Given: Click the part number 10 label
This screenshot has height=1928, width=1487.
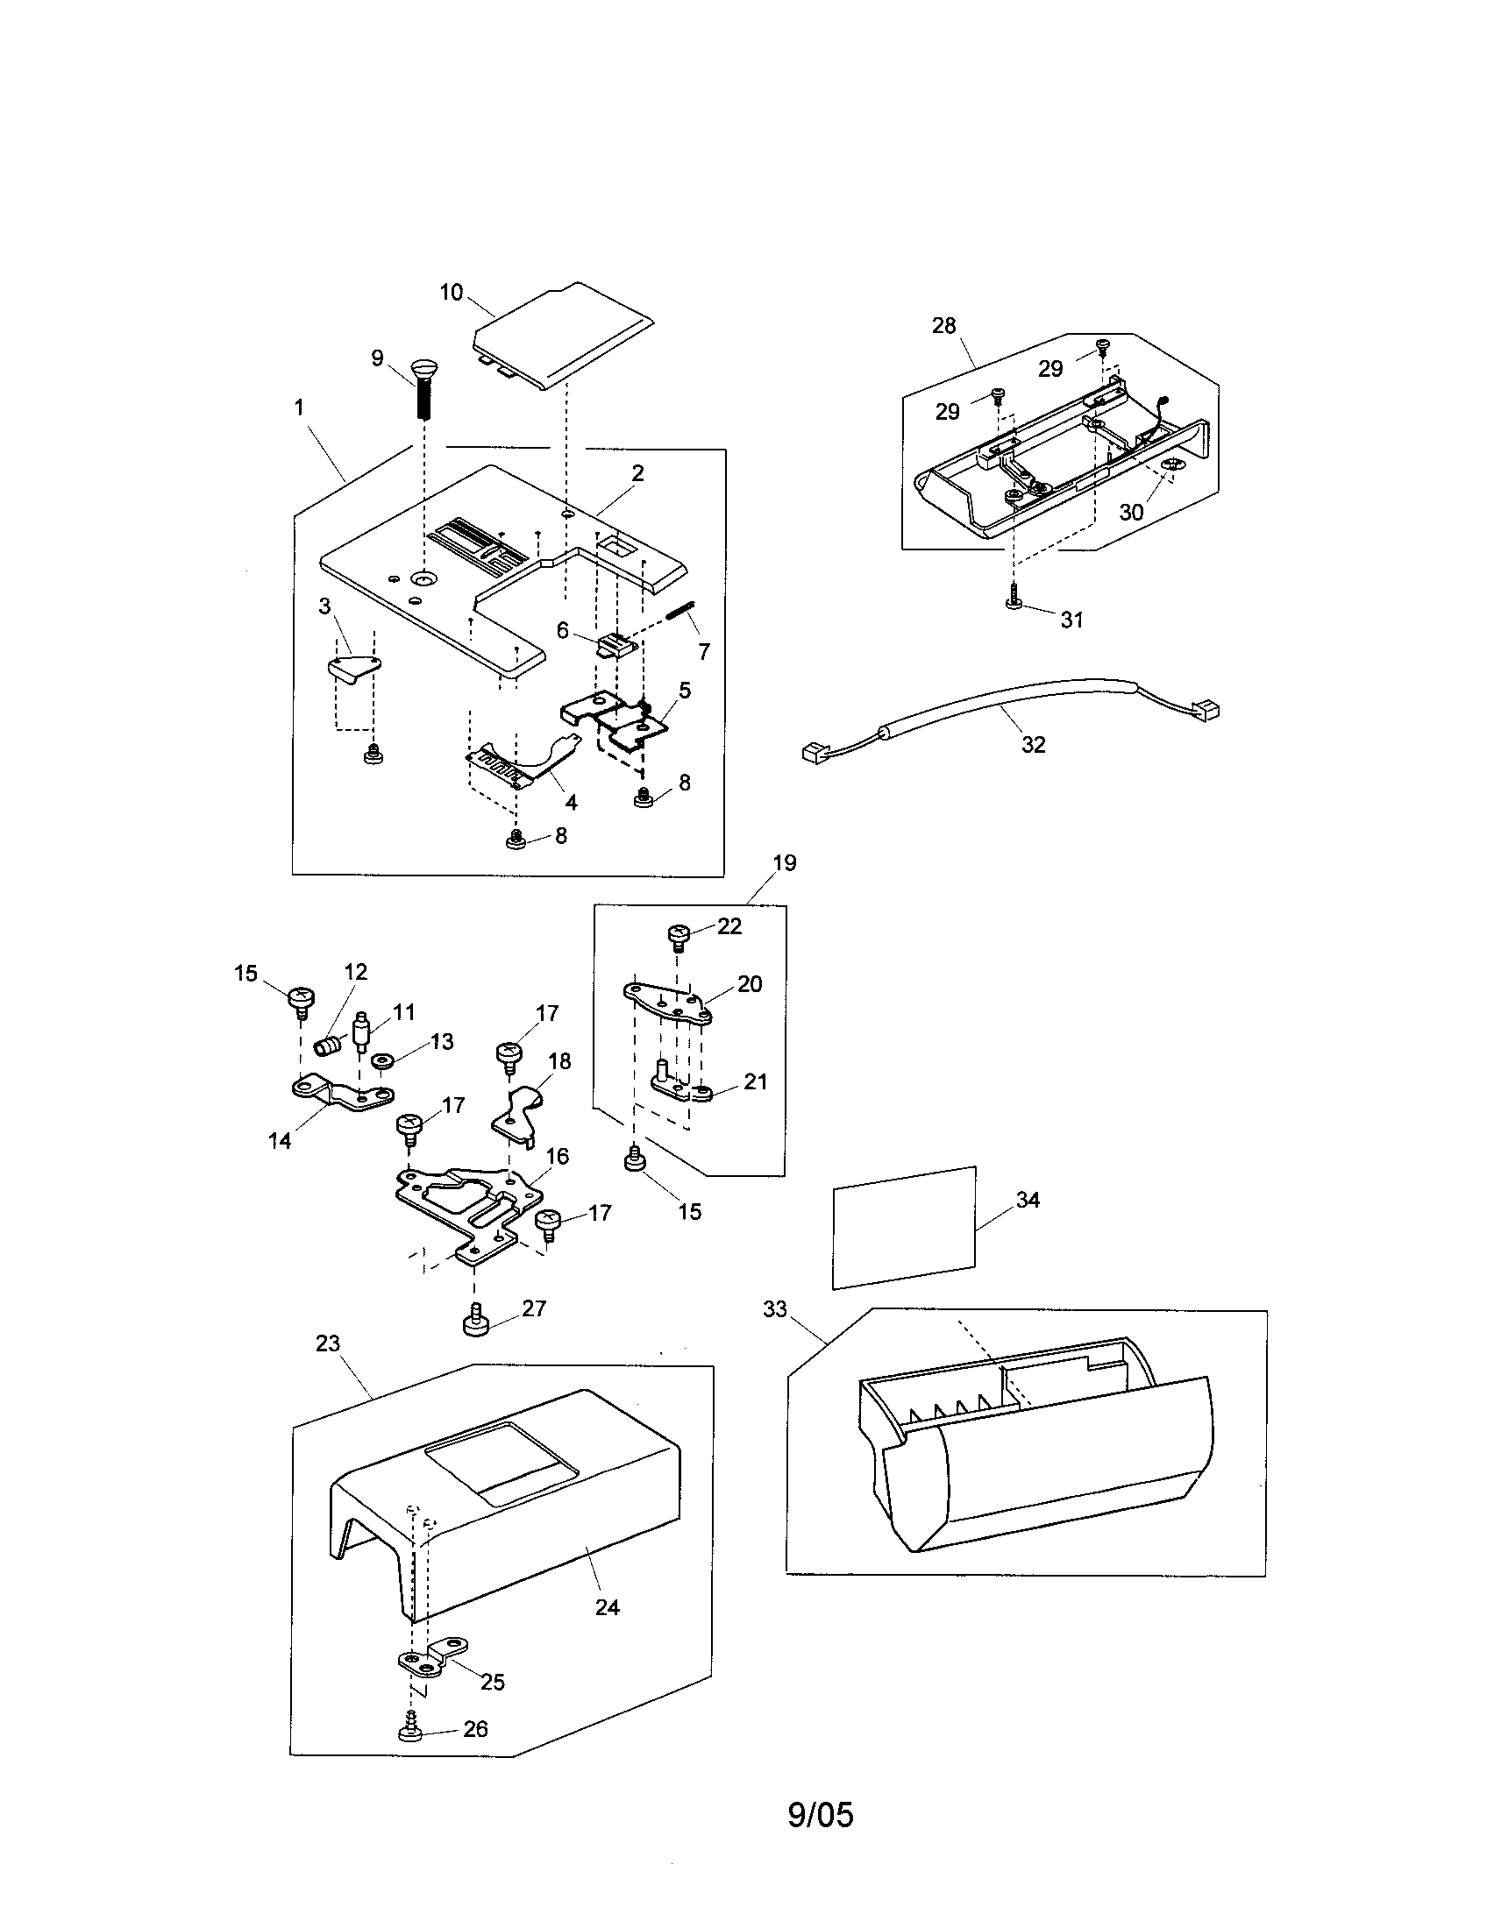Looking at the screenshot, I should coord(452,292).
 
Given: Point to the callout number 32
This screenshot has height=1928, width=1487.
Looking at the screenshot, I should coord(1033,744).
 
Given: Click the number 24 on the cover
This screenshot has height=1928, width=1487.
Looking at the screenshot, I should coord(607,1607).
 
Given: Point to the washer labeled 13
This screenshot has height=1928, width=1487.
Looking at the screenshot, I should coord(383,1060).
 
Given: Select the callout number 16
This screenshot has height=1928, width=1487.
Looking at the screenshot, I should coord(557,1156).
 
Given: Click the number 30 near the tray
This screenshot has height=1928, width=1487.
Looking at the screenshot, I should coord(1131,512).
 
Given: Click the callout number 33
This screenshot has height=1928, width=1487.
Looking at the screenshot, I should coord(774,1308).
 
